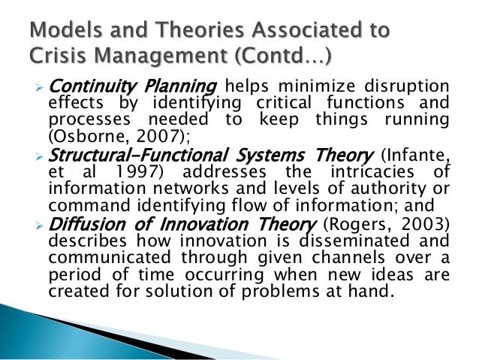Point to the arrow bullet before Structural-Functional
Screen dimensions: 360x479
coord(42,156)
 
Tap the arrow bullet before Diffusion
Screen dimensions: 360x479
coord(42,223)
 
